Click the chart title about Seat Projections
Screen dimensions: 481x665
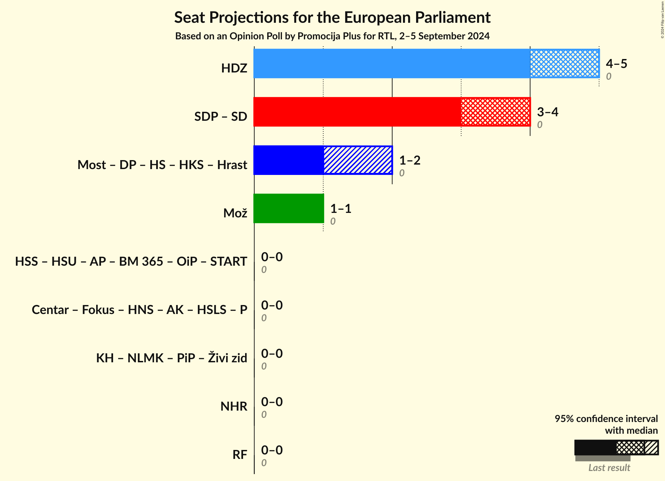[332, 17]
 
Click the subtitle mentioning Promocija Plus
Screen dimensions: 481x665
[332, 36]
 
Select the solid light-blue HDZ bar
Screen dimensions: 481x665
[391, 63]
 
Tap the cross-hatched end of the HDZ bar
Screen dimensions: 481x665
[564, 63]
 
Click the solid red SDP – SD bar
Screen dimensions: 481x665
[357, 112]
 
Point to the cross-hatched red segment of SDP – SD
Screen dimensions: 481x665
[495, 112]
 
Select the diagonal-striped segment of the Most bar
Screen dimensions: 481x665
[358, 160]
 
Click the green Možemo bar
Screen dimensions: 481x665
[289, 208]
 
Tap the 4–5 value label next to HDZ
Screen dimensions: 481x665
[616, 63]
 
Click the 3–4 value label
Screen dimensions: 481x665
[547, 112]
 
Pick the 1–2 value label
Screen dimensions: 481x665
[410, 160]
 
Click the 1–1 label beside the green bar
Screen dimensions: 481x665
[341, 208]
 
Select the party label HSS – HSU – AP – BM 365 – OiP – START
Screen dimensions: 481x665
[131, 262]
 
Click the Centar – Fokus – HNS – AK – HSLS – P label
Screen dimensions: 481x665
[139, 310]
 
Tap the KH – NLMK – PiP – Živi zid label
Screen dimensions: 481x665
[171, 358]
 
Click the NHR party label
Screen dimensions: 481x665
[234, 406]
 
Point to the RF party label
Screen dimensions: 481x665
[240, 455]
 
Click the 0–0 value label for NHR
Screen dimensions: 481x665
[272, 402]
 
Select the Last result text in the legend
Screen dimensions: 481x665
[609, 468]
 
